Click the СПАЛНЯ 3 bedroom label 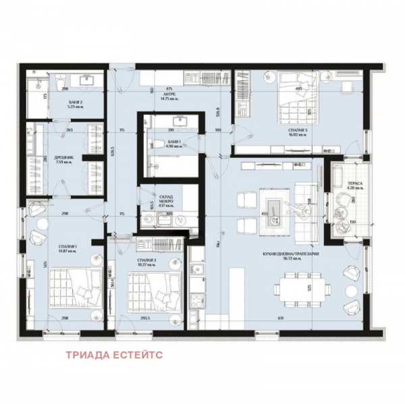click(288, 132)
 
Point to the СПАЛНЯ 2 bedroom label click(146, 262)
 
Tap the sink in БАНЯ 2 click(88, 80)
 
